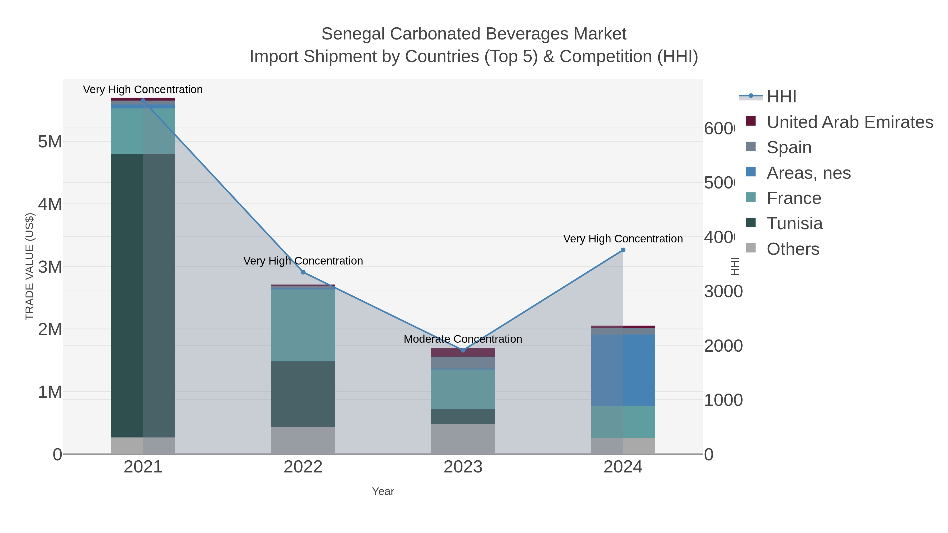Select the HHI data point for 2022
(303, 272)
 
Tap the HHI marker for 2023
(463, 350)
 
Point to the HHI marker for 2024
(623, 250)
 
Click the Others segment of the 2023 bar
(463, 439)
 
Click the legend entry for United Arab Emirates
(849, 122)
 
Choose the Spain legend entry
(789, 147)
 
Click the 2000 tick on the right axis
(723, 346)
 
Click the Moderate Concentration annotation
(463, 339)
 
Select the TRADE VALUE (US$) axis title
(29, 266)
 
